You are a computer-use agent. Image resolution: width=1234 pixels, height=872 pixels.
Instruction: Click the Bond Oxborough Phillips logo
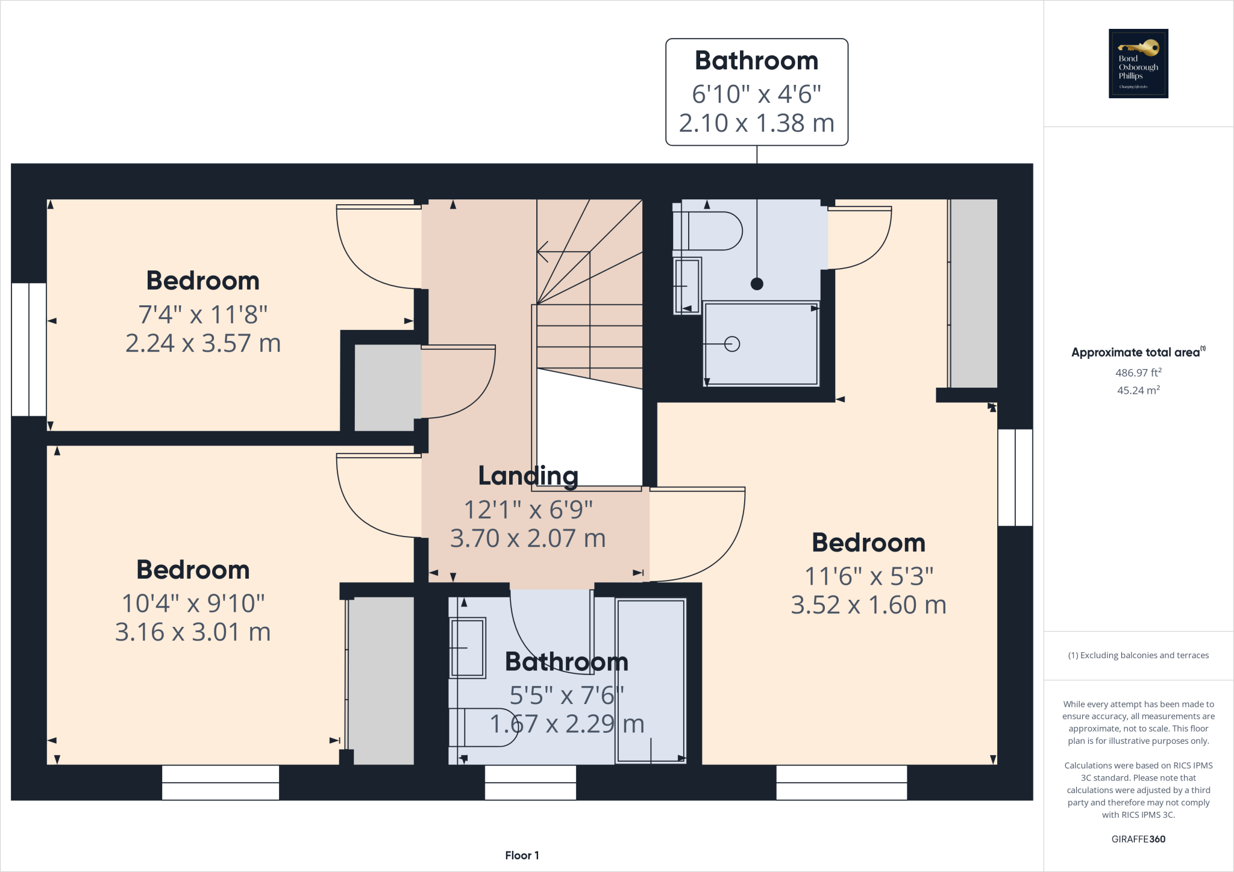(1138, 63)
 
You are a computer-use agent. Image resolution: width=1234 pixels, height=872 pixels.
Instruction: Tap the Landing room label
(528, 476)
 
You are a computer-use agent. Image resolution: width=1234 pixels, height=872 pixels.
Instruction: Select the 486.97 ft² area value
(1138, 373)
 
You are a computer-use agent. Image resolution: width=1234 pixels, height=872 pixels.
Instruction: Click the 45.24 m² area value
(1138, 390)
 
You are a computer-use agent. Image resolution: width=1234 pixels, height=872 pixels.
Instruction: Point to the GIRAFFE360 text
(1138, 839)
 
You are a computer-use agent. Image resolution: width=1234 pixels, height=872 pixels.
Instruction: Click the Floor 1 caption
(522, 855)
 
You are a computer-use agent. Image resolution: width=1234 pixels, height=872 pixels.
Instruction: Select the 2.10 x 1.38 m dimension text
(756, 123)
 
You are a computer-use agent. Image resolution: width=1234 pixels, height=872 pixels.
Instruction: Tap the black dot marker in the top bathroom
(757, 284)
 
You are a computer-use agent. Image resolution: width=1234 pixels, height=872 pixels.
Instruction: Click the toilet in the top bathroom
(711, 231)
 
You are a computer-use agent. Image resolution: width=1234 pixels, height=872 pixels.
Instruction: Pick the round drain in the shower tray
(732, 344)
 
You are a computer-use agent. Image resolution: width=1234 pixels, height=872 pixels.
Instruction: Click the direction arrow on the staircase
(543, 251)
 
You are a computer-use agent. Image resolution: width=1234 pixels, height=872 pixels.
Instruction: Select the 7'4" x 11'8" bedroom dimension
(202, 314)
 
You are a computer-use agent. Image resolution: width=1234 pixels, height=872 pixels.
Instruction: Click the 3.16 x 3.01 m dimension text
(193, 632)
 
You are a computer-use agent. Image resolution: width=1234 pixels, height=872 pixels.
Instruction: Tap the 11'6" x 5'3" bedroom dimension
(868, 576)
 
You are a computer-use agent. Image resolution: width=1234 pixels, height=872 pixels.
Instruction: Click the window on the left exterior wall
(28, 349)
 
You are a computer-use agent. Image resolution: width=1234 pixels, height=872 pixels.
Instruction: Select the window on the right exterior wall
(1015, 477)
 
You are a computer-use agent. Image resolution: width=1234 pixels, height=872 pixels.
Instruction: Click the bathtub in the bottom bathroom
(651, 680)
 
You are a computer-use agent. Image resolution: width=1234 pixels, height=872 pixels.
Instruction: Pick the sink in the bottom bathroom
(468, 647)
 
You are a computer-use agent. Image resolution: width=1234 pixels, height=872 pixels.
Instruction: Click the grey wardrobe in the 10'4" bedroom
(381, 680)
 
